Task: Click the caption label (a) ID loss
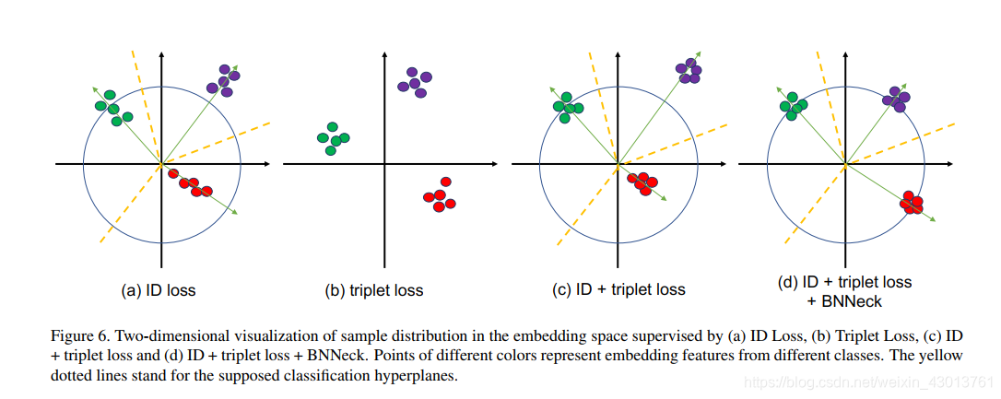(159, 290)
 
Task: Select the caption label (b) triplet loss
(374, 290)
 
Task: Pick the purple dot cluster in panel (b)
(414, 83)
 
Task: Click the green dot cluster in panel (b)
(333, 138)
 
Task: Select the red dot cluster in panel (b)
(440, 196)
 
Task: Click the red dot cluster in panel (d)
(913, 203)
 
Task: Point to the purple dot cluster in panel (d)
(895, 98)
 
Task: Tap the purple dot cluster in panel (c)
(689, 70)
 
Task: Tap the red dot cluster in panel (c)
(642, 183)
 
